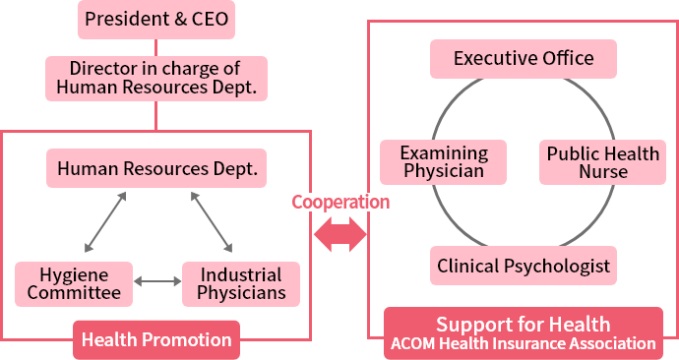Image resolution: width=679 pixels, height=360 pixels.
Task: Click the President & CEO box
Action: click(156, 19)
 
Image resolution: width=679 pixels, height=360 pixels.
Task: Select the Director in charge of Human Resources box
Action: click(156, 78)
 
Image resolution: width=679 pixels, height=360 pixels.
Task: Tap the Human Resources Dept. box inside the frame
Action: click(156, 168)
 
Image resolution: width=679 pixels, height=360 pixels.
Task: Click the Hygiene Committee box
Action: click(74, 282)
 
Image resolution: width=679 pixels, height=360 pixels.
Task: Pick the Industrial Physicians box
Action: click(241, 282)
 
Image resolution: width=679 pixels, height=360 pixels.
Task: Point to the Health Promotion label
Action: click(156, 340)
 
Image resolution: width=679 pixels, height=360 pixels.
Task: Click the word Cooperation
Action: click(339, 202)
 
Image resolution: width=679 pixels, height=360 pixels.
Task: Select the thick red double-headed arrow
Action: click(339, 235)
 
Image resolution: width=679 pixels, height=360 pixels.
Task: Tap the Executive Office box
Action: click(523, 59)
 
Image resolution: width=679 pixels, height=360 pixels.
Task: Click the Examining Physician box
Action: click(443, 162)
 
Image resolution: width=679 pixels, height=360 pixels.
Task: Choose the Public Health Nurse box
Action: click(602, 162)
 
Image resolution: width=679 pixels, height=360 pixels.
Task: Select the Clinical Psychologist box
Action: click(523, 266)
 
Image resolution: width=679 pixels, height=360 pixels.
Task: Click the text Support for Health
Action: click(523, 324)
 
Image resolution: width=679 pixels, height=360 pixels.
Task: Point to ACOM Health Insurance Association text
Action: click(523, 343)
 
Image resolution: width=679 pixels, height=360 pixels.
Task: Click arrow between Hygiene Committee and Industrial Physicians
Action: click(157, 282)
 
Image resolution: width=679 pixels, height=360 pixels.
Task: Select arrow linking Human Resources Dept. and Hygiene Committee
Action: click(105, 222)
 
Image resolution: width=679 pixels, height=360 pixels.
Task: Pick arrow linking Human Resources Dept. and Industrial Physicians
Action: click(212, 222)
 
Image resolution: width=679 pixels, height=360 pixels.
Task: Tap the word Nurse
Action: click(602, 172)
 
